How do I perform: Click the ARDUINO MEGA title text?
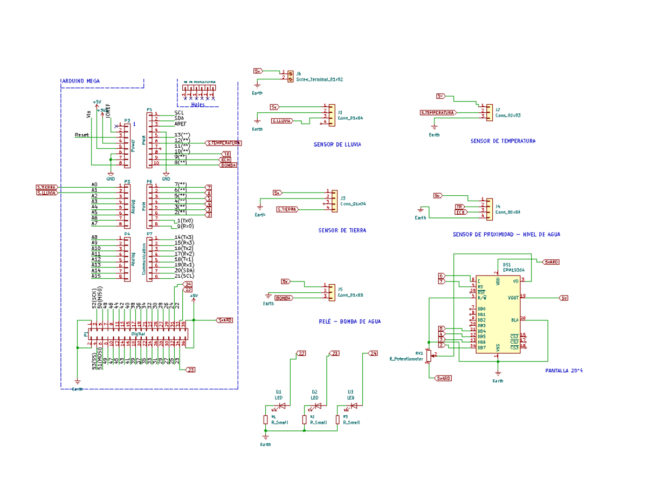click(80, 81)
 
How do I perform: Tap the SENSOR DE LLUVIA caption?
click(337, 145)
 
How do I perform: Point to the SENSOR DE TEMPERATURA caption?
click(503, 141)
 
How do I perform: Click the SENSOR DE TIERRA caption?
click(342, 230)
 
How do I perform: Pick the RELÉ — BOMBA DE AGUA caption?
click(349, 321)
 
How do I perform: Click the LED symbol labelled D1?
click(281, 406)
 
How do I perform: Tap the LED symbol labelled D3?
click(353, 406)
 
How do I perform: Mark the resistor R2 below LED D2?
click(305, 420)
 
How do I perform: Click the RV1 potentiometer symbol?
click(429, 356)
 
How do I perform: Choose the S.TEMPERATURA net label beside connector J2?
click(437, 113)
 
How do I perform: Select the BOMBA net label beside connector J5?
click(284, 298)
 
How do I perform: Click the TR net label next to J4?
click(459, 207)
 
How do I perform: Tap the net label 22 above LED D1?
click(301, 353)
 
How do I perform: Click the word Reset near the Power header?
click(82, 135)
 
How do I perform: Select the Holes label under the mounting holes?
click(197, 105)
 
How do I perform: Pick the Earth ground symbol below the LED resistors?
click(265, 437)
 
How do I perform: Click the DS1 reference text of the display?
click(507, 265)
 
